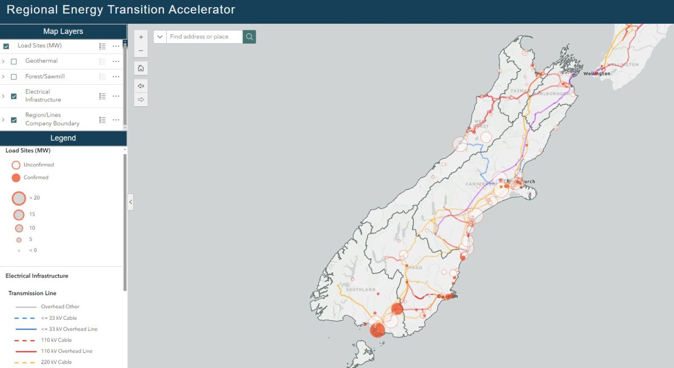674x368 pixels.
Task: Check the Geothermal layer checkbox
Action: coord(14,61)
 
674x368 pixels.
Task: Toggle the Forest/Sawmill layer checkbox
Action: coord(14,77)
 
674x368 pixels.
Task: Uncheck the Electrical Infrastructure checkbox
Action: coord(14,96)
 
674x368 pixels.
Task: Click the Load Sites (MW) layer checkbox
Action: coord(6,46)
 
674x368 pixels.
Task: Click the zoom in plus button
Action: coord(141,37)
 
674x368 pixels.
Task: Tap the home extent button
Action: coord(141,68)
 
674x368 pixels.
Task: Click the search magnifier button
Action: coord(249,37)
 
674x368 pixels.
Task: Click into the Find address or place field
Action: coord(204,37)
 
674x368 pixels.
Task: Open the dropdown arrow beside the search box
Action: coord(160,37)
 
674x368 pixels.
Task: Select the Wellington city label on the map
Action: coord(596,74)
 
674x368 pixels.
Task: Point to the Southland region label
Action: coord(360,290)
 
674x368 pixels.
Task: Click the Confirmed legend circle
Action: coord(16,178)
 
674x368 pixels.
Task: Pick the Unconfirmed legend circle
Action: coord(16,165)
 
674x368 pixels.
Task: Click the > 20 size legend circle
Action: coord(19,198)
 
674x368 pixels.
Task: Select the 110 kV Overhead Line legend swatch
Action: coord(26,351)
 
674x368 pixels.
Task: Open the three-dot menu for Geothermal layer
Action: coord(116,61)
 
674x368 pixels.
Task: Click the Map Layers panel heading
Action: coord(63,32)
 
